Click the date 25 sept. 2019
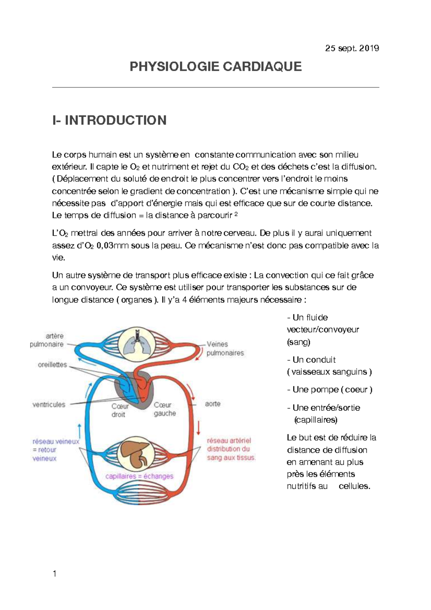352,48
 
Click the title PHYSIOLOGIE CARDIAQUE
215,67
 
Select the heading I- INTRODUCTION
109,120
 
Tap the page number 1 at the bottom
55,574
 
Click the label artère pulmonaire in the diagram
47,340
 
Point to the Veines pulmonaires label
225,348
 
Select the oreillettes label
52,365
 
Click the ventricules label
49,405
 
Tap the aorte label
213,404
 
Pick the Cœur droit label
120,410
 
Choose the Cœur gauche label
164,409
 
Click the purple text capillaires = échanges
139,476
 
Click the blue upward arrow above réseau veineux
79,430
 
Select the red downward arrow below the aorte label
198,427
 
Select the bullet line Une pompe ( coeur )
330,390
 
